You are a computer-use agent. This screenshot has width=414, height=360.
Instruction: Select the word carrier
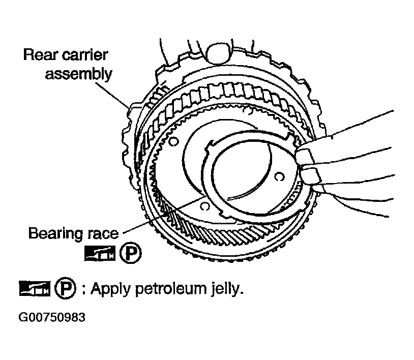(85, 54)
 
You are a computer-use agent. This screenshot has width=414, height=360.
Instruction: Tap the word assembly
(79, 74)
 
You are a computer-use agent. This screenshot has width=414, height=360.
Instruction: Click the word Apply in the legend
(111, 289)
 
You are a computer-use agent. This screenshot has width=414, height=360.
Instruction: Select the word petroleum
(171, 288)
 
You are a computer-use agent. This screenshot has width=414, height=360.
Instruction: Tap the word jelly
(227, 289)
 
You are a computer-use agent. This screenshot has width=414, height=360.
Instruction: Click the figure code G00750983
(52, 317)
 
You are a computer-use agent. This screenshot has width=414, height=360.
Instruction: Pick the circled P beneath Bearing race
(130, 253)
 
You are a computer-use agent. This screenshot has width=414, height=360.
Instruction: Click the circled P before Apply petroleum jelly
(65, 288)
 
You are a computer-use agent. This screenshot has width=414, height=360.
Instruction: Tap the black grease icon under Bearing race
(100, 253)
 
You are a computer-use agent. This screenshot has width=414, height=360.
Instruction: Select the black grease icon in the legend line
(35, 288)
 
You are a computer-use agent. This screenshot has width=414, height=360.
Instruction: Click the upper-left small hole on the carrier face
(173, 142)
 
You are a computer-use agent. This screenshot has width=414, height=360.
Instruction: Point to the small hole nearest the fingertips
(279, 176)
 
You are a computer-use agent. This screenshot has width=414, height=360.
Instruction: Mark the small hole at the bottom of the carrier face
(205, 206)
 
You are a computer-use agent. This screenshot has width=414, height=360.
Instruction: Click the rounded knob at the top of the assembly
(218, 54)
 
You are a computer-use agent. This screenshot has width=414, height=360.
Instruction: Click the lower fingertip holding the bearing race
(310, 176)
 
